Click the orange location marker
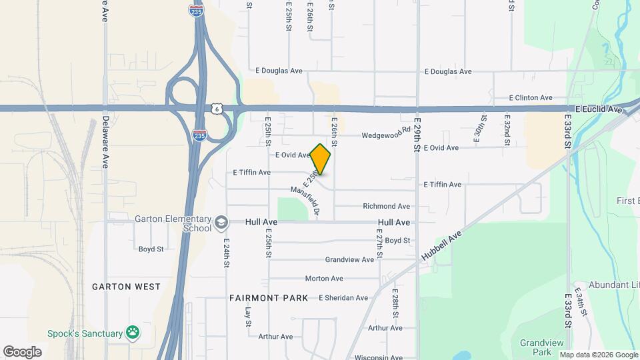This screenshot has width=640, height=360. tap(321, 159)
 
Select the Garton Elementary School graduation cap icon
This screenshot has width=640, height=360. tap(221, 222)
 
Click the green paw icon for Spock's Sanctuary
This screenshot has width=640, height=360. tap(133, 333)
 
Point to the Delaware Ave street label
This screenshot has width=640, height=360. tap(105, 142)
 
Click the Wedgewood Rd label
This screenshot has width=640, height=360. tap(386, 135)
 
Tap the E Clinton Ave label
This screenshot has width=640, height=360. tap(531, 97)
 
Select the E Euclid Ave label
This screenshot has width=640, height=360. tap(598, 109)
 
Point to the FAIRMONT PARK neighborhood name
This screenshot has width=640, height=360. tap(269, 297)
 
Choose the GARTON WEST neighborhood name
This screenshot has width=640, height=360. tap(127, 287)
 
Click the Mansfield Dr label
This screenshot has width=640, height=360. tap(306, 199)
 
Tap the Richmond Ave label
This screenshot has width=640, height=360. tap(387, 207)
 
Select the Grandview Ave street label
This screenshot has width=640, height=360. tap(349, 259)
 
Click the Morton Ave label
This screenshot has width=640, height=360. tap(324, 279)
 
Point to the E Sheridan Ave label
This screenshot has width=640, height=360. tap(343, 298)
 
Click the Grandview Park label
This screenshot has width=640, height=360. tap(536, 347)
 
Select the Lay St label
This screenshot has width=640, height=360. tap(247, 317)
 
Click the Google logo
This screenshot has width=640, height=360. tap(22, 351)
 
